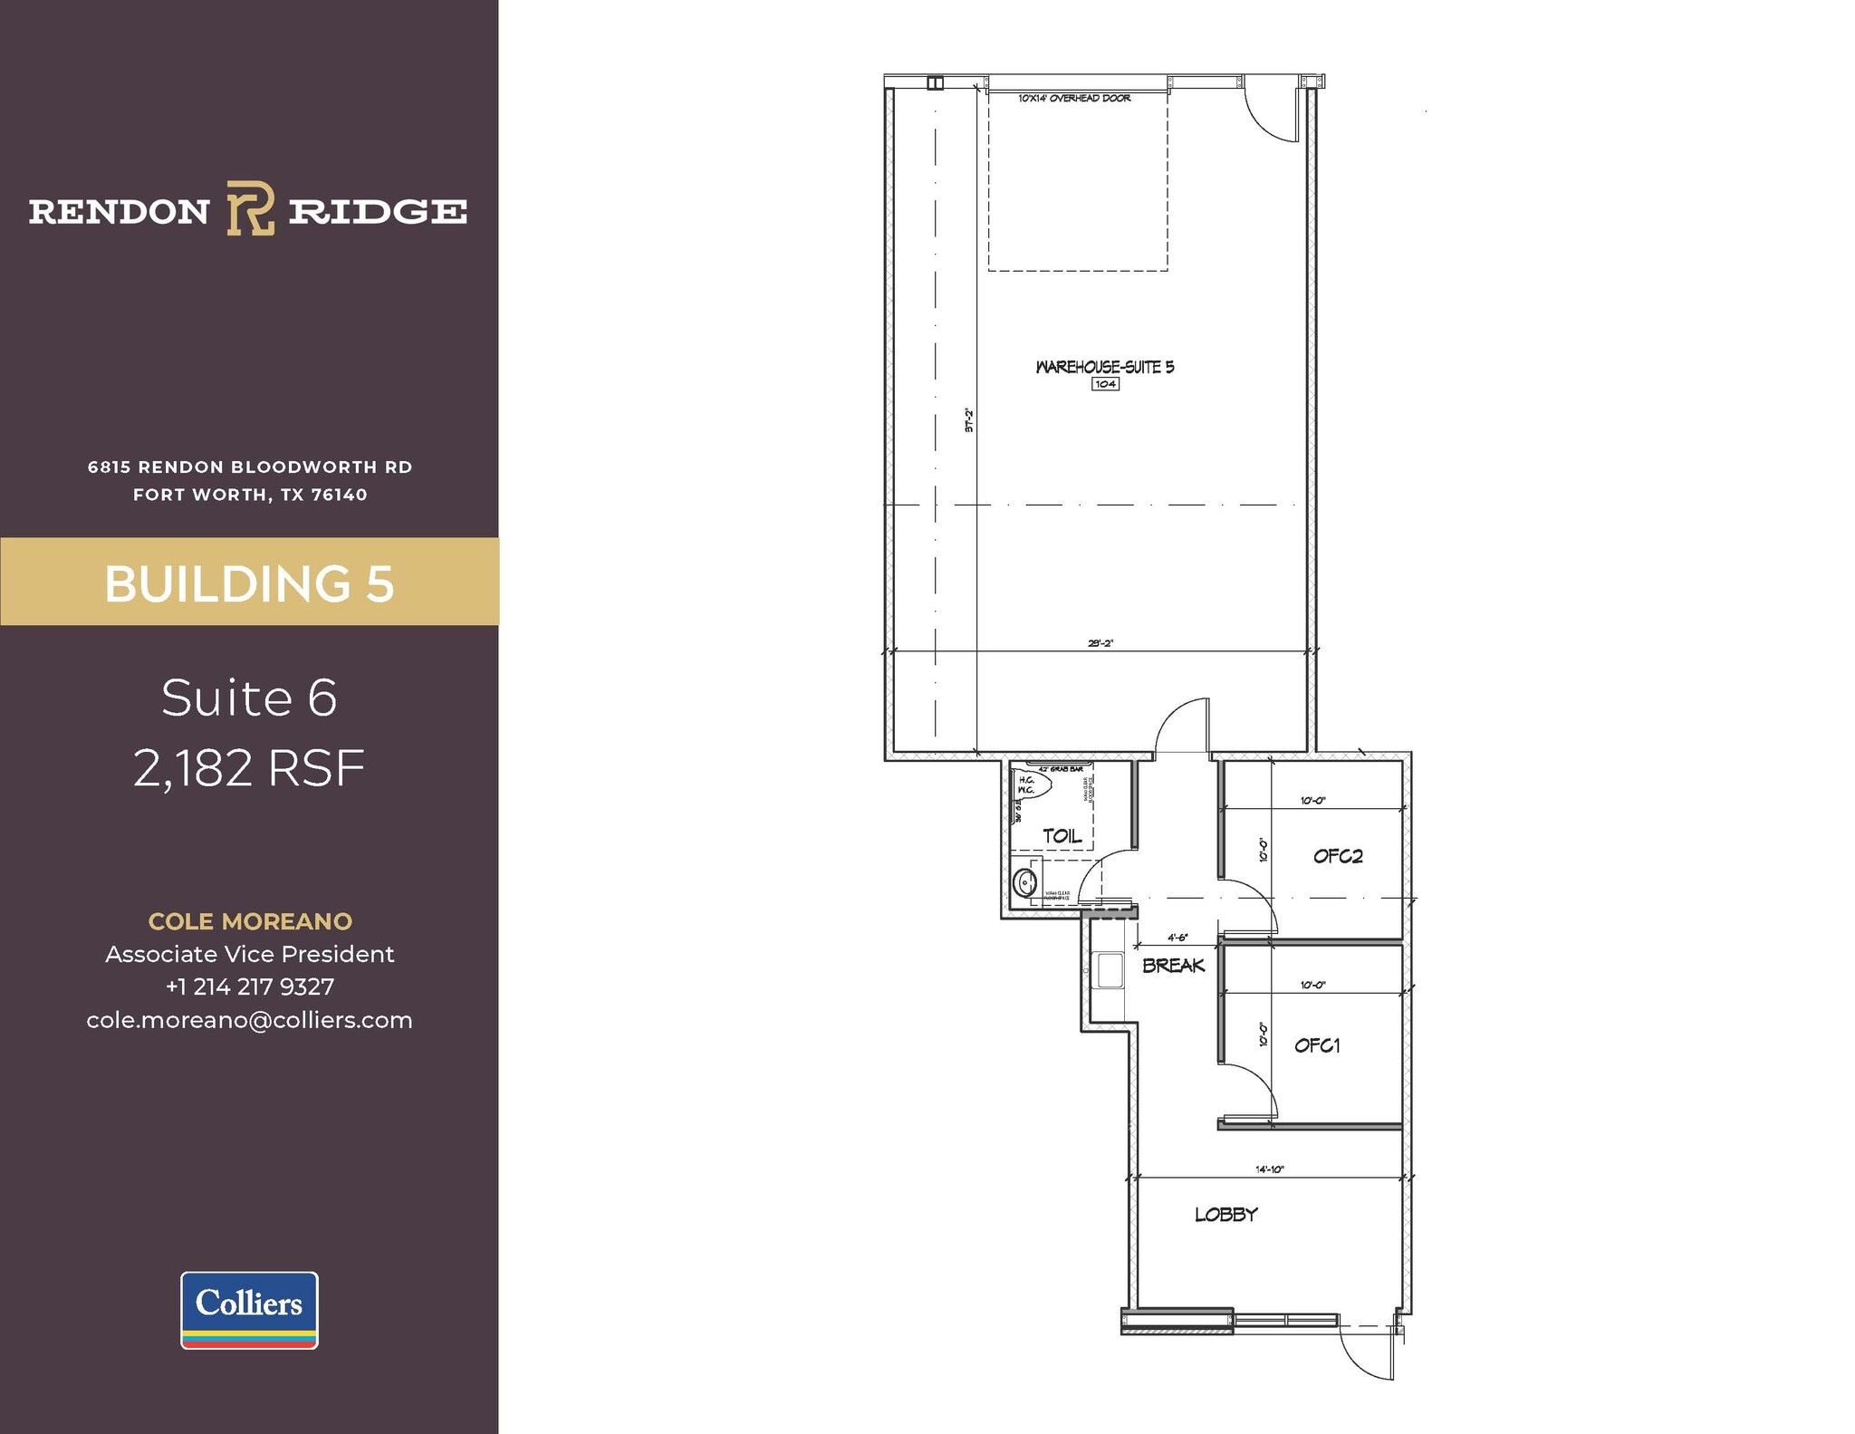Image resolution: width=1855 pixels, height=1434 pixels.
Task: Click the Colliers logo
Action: click(x=249, y=1309)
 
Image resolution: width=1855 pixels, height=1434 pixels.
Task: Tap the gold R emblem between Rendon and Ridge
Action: click(x=250, y=208)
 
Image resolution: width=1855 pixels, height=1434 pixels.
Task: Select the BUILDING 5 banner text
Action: click(x=249, y=583)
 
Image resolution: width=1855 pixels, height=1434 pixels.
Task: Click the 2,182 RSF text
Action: click(x=249, y=768)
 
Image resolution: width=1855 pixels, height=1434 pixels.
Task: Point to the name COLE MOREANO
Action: click(x=250, y=921)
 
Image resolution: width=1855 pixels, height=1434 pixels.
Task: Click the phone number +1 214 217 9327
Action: click(x=250, y=986)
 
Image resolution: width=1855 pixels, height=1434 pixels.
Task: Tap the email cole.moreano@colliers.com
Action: click(x=250, y=1020)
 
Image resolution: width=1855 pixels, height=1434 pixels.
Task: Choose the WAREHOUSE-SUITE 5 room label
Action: click(x=1104, y=367)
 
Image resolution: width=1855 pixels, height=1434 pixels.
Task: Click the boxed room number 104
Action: click(x=1105, y=384)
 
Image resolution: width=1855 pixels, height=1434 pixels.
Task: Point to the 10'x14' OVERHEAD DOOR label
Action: click(x=1074, y=98)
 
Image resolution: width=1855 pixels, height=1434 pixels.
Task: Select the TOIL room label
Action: click(x=1062, y=836)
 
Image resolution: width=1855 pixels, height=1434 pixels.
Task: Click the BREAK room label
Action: click(x=1173, y=966)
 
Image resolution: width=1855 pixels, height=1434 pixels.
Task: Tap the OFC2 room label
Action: click(x=1338, y=856)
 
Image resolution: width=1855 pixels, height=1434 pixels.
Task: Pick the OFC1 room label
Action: click(x=1317, y=1045)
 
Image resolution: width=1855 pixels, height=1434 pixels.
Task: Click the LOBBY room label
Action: click(x=1225, y=1215)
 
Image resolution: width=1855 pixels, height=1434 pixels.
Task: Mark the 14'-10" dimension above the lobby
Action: click(x=1269, y=1169)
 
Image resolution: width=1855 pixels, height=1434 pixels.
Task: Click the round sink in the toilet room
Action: click(x=1025, y=881)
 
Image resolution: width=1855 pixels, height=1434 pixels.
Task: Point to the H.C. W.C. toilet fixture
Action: click(x=1031, y=784)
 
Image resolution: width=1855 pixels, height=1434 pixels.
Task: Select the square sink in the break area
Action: click(x=1110, y=969)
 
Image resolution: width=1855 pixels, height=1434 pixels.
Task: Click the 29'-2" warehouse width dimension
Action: click(x=1100, y=643)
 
